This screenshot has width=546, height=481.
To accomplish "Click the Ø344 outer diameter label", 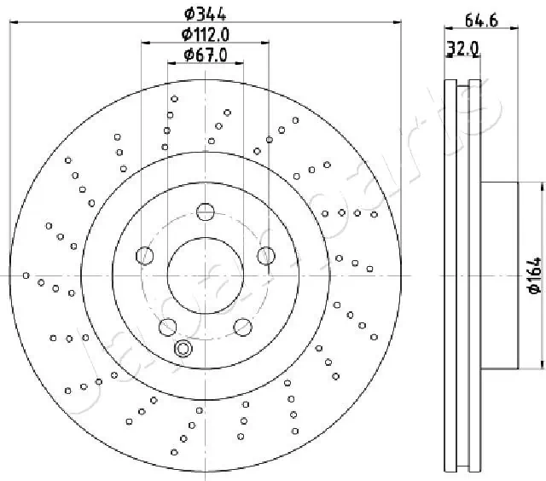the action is [206, 14].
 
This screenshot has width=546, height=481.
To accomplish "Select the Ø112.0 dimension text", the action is [206, 34].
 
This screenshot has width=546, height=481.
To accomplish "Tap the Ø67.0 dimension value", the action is [206, 55].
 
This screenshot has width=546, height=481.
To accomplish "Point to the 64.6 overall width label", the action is [481, 20].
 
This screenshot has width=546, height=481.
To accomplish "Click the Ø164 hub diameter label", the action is [535, 275].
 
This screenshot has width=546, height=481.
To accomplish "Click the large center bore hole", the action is [206, 275].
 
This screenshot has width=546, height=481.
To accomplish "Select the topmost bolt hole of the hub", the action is [206, 212].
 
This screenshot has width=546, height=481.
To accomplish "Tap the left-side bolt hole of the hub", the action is [144, 256].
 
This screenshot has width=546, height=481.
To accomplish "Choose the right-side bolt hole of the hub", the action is [266, 256].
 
